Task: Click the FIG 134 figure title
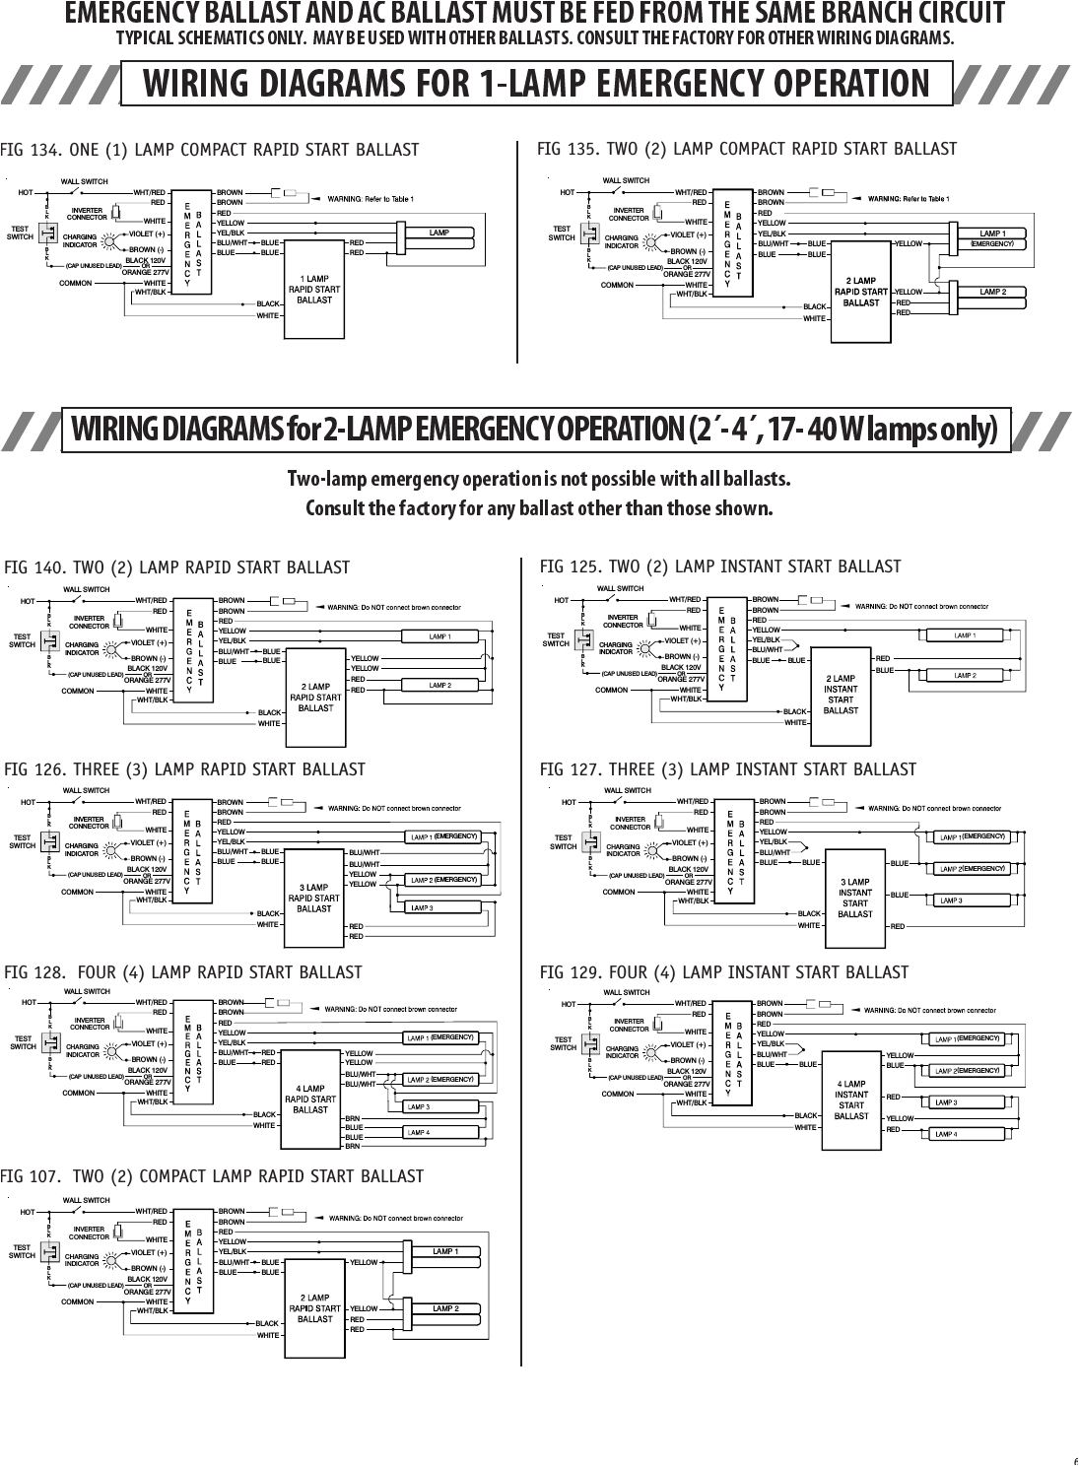[210, 150]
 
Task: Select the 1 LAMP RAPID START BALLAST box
[314, 291]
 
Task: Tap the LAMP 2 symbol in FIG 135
[992, 293]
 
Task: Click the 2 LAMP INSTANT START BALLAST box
[841, 695]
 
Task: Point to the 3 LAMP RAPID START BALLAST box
[313, 898]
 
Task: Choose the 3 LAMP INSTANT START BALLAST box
[854, 898]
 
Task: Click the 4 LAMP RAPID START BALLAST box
[310, 1099]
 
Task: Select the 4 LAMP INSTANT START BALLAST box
[851, 1100]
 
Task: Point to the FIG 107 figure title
[212, 1176]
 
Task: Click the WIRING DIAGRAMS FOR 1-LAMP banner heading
[536, 84]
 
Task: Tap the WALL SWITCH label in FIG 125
[620, 588]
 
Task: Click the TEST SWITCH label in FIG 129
[563, 1043]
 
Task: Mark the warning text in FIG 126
[393, 809]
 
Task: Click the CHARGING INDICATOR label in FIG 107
[81, 1260]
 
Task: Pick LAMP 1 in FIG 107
[445, 1252]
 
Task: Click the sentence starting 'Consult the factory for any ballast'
[539, 509]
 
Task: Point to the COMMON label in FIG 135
[617, 285]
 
